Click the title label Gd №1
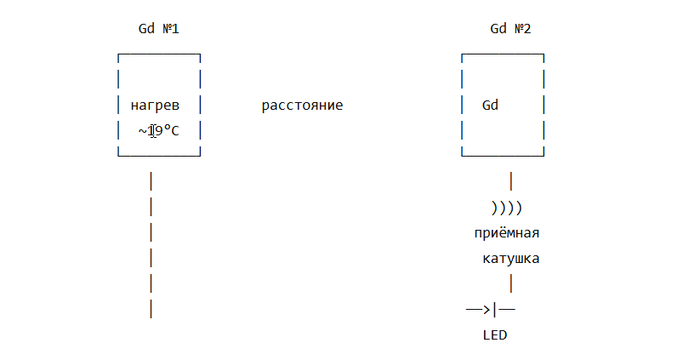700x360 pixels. (158, 29)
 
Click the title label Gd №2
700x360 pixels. (510, 29)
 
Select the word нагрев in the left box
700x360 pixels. (155, 106)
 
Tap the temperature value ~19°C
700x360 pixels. (158, 131)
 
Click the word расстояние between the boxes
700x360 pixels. (302, 106)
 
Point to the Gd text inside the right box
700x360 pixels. (490, 105)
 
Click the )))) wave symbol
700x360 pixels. (506, 208)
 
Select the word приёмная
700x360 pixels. (507, 233)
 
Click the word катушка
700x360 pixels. (511, 259)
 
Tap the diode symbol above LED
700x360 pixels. (491, 309)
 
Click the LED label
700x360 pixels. (495, 335)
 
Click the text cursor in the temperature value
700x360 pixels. (153, 131)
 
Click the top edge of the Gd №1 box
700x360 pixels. (159, 54)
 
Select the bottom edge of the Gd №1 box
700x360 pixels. (159, 156)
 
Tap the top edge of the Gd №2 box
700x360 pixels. (503, 54)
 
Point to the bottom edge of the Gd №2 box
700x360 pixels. (503, 156)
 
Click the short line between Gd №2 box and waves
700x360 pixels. (511, 181)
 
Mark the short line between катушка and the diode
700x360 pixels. (511, 284)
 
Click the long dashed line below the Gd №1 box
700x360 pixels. (151, 245)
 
